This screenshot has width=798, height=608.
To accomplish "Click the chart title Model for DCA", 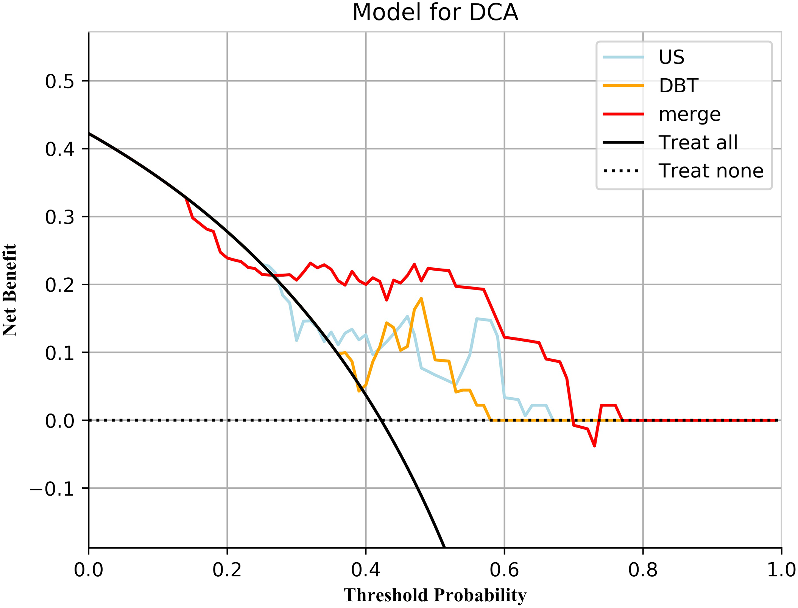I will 435,12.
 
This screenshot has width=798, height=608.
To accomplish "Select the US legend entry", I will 671,57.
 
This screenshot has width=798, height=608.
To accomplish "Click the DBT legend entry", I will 678,86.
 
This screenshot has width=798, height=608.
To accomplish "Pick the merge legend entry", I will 689,114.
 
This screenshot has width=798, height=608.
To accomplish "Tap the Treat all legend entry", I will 698,143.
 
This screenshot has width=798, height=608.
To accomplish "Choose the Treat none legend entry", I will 711,171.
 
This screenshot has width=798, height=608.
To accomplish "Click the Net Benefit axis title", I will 10,290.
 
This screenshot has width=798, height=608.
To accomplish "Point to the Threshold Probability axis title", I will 435,595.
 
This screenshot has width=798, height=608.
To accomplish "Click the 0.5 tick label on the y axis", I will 59,81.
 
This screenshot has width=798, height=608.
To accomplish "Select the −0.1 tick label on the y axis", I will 52,489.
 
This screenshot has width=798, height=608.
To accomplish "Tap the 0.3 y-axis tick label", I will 59,217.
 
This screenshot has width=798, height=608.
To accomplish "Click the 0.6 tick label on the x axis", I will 504,570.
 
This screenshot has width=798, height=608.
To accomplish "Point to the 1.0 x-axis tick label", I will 781,570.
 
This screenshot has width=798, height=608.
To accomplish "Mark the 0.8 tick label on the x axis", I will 643,570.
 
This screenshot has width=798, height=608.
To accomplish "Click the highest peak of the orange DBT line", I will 421,299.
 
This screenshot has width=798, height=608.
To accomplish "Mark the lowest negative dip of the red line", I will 595,446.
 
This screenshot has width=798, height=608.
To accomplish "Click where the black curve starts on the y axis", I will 89,133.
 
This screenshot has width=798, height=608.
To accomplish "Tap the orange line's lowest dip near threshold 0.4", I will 359,391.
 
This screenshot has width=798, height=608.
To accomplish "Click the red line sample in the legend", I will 623,114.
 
